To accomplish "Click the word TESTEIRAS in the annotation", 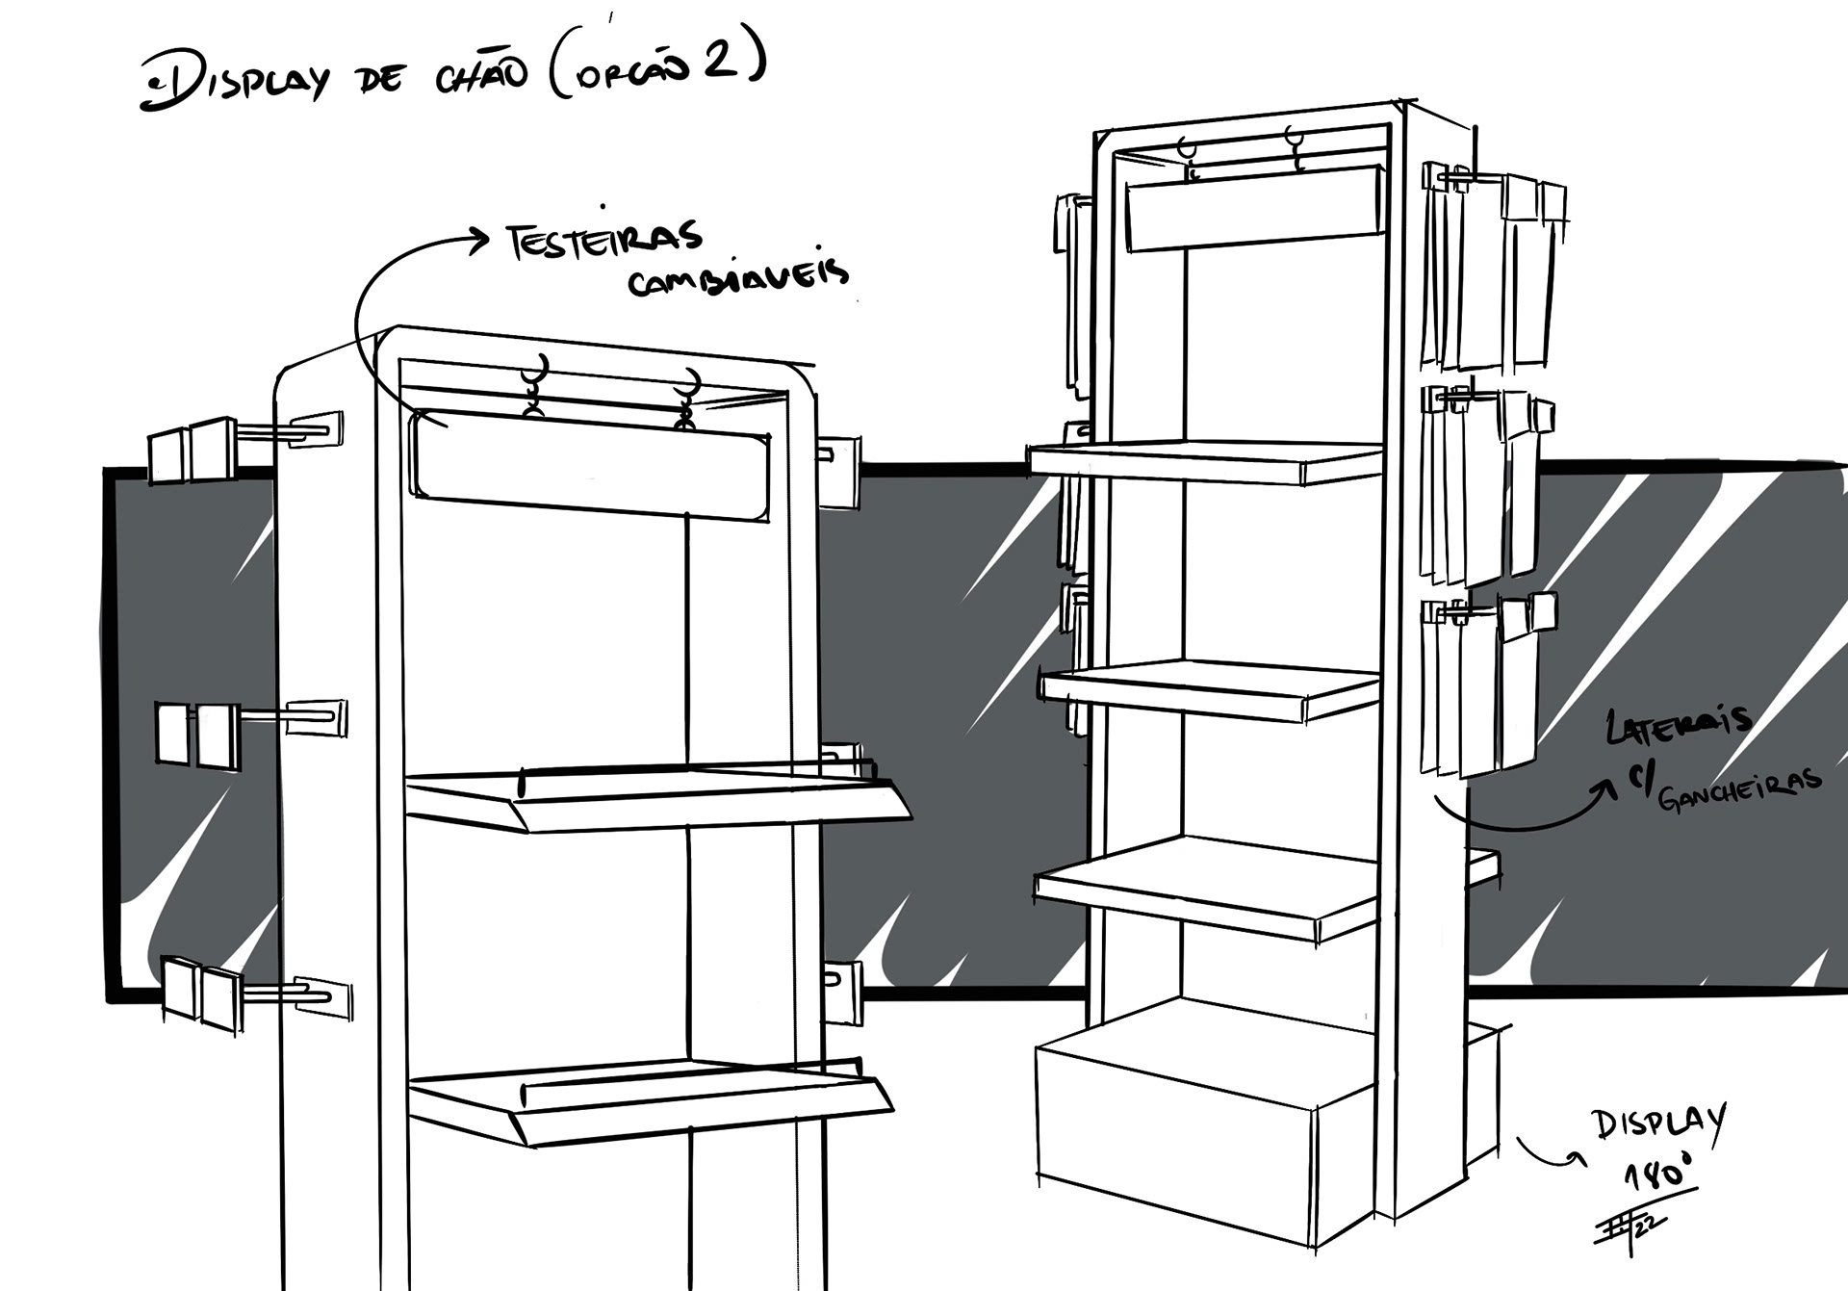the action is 604,241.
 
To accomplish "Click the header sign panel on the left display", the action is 589,465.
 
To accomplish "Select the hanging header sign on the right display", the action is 1253,207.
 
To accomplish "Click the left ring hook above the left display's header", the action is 535,386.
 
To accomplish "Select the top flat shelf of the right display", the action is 1205,461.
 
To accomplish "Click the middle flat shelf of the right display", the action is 1211,688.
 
